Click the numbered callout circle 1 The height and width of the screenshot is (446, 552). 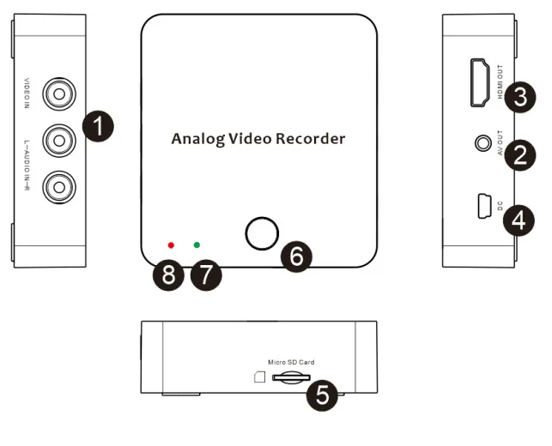[98, 126]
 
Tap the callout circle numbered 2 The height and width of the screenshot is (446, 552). [520, 155]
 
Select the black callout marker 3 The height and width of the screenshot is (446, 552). [520, 97]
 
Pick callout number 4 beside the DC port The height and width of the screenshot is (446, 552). [519, 220]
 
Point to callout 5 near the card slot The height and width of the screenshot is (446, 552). [322, 395]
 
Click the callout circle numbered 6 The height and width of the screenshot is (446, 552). [296, 256]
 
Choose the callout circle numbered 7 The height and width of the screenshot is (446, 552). [206, 274]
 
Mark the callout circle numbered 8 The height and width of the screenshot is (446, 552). [168, 274]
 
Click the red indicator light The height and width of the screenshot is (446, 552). [171, 245]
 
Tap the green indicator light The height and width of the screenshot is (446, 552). [197, 244]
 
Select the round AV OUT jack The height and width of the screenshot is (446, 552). [483, 143]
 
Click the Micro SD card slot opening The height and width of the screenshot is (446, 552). [291, 377]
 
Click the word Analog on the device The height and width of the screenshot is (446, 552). [197, 139]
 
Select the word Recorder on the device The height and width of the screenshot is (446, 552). [310, 139]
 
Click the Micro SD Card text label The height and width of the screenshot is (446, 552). [291, 362]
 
